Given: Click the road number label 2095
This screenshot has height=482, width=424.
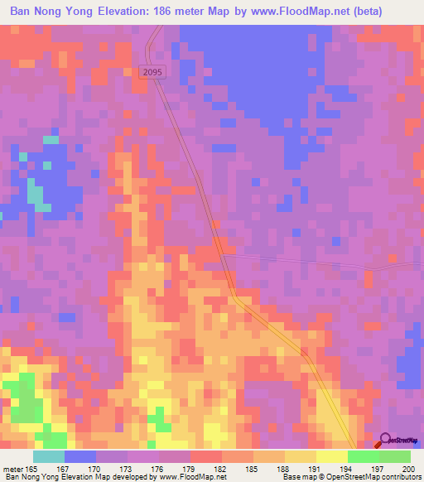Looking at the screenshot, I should click(x=153, y=73).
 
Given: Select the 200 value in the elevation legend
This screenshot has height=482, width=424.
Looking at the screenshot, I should click(x=405, y=470).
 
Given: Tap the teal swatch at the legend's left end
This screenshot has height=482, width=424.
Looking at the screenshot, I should click(x=49, y=456).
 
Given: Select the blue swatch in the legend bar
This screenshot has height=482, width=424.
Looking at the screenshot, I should click(x=80, y=456).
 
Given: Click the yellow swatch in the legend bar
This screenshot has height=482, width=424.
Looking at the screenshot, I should click(x=331, y=456).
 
